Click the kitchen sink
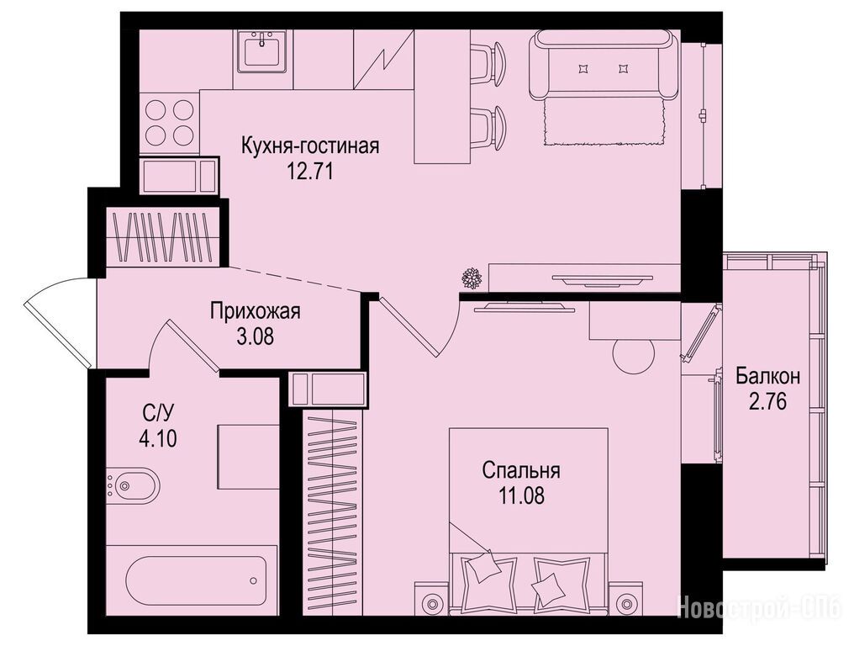tap(263, 51)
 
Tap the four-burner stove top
tap(170, 123)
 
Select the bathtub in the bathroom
tap(196, 580)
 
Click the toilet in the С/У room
tap(131, 485)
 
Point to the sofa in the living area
tap(605, 64)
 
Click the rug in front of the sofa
tap(605, 122)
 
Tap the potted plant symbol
tap(471, 278)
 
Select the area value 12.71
tap(309, 172)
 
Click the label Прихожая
tap(255, 312)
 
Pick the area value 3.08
tap(255, 337)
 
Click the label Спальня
tap(521, 470)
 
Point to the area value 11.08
tap(521, 495)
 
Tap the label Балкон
tap(768, 376)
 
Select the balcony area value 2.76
tap(768, 402)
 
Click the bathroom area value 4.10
tap(158, 438)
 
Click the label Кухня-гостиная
tap(310, 146)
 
